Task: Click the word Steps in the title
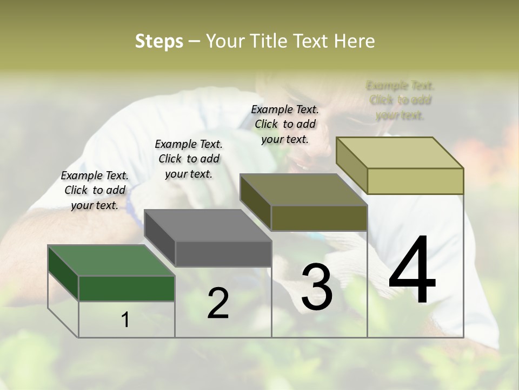[159, 41]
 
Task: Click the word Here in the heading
[354, 41]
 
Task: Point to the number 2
[218, 303]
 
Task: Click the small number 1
[125, 320]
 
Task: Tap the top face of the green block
[111, 260]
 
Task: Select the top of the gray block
[208, 225]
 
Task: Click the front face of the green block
[127, 288]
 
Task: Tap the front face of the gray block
[223, 253]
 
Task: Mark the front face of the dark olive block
[319, 218]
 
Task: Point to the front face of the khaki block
[415, 181]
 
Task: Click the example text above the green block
[95, 190]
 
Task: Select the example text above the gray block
[189, 159]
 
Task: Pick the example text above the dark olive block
[285, 124]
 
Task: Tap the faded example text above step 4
[400, 100]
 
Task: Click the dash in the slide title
[194, 41]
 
